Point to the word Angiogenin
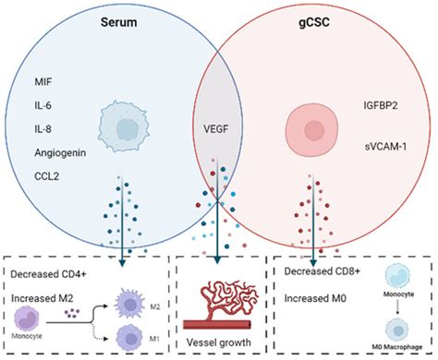(x=58, y=153)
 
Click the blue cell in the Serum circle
(x=123, y=130)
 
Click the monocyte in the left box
(x=36, y=321)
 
